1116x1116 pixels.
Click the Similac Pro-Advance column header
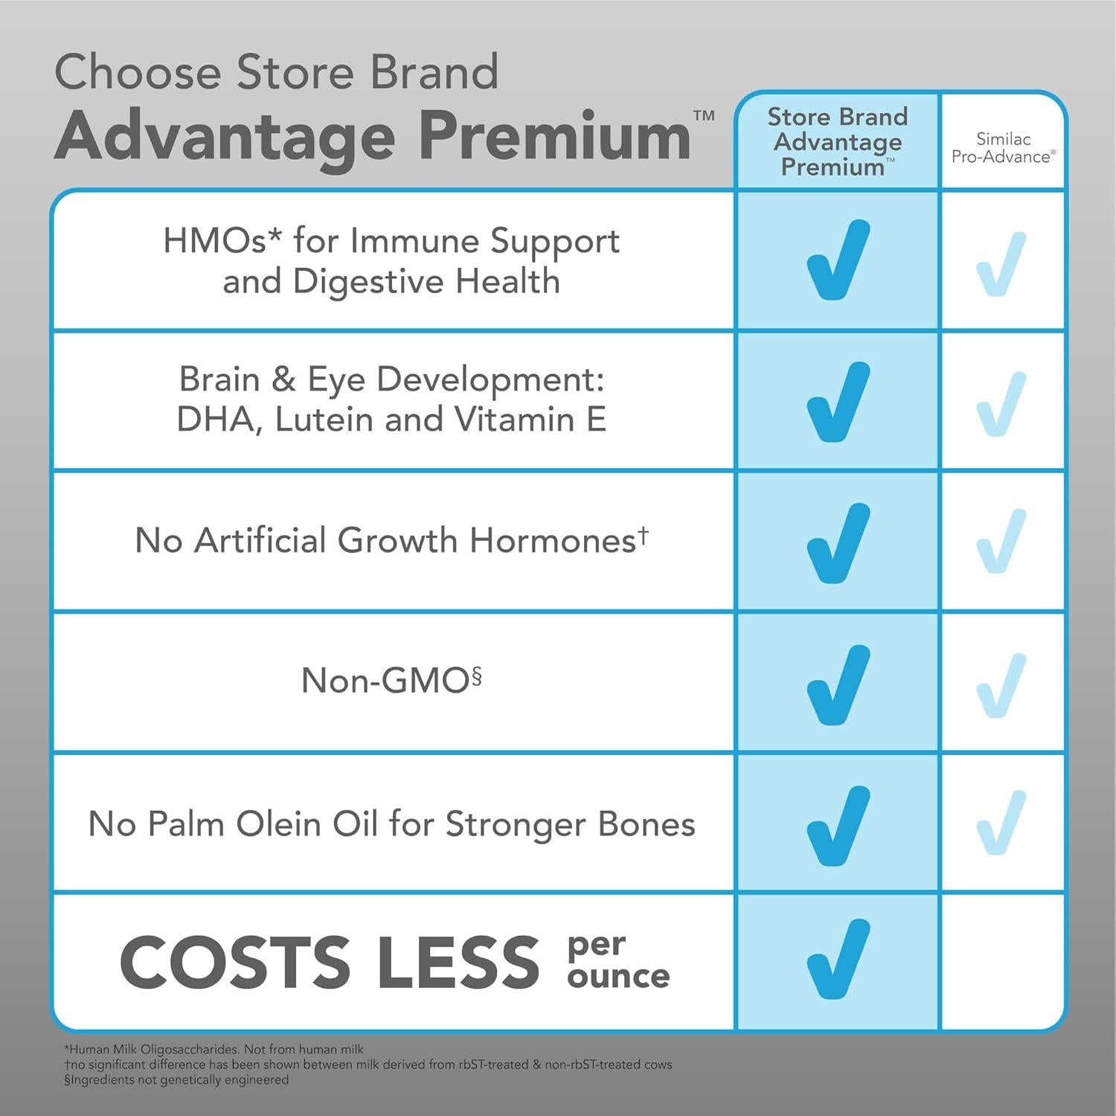point(1003,147)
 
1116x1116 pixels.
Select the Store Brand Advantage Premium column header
point(837,141)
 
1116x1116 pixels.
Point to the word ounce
point(618,976)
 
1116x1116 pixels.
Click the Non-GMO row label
point(391,679)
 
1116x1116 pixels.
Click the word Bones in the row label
point(647,824)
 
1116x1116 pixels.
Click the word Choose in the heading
point(138,72)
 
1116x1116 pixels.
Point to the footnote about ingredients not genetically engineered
point(176,1080)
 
